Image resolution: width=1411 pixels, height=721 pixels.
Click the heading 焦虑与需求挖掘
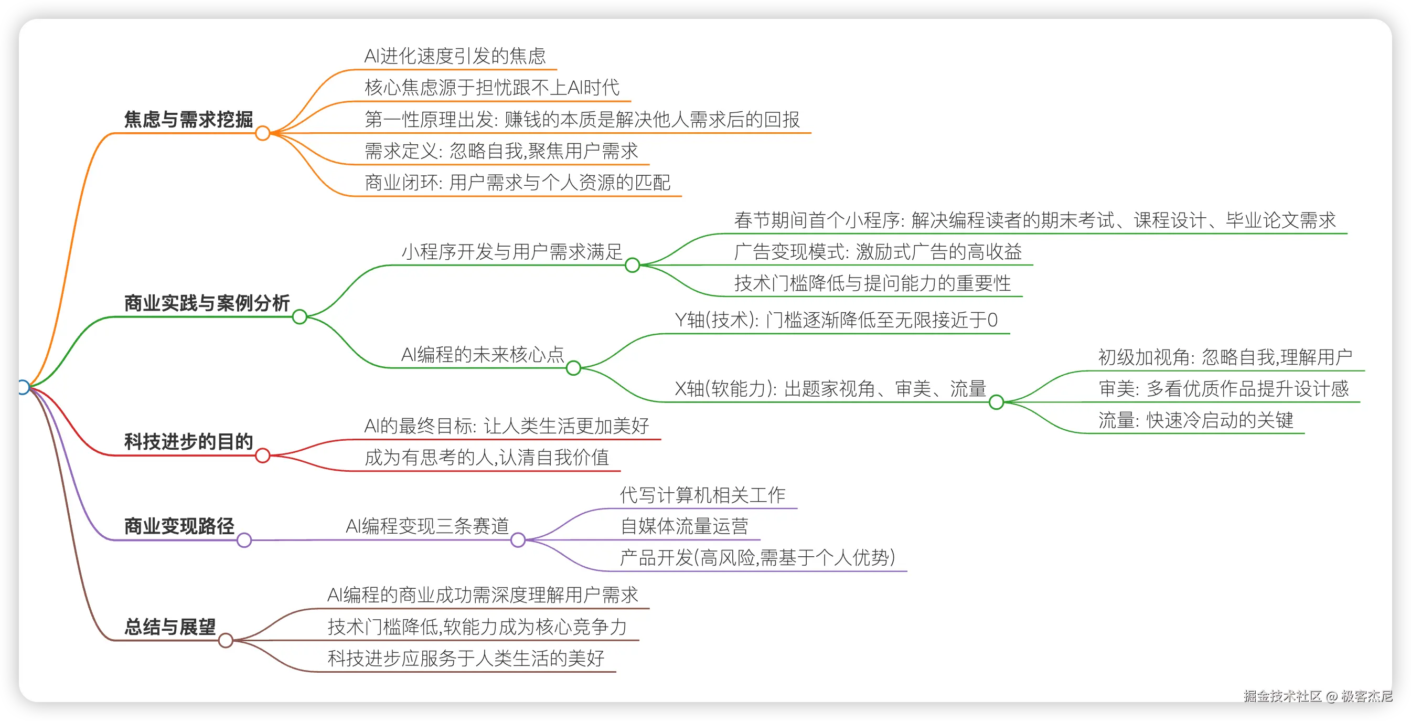pos(188,120)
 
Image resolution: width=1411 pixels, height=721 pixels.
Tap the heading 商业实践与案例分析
pos(207,303)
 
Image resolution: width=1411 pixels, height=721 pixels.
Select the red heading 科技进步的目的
pos(188,442)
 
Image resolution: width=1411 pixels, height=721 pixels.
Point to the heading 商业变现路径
pos(179,526)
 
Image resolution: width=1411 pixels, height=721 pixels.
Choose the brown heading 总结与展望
pos(170,627)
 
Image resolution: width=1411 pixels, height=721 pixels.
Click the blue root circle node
pos(23,387)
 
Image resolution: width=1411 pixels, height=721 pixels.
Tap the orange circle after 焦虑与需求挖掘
pos(262,133)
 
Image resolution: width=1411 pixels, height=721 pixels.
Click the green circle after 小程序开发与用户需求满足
pos(632,265)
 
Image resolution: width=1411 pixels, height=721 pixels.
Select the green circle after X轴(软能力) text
pos(996,402)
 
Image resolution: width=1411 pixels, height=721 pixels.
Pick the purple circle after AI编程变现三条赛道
pos(518,540)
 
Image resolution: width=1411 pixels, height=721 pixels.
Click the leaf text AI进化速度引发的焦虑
pos(455,56)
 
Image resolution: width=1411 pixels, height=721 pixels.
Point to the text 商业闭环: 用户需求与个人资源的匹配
pos(517,183)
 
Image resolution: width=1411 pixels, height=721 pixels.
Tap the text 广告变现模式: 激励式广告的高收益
pos(878,252)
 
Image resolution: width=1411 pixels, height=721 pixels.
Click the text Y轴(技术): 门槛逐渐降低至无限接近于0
pos(836,320)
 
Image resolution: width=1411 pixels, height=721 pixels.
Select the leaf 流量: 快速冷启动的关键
pos(1195,420)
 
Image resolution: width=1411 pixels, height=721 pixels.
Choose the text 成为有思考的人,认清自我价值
pos(486,458)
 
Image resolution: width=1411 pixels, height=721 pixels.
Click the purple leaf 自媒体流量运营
pos(683,526)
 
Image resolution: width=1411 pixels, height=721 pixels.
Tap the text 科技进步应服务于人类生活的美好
pos(466,658)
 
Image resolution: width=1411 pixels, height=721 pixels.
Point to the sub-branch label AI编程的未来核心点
pos(482,355)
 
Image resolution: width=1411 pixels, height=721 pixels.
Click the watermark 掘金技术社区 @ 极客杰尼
pos(1317,696)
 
